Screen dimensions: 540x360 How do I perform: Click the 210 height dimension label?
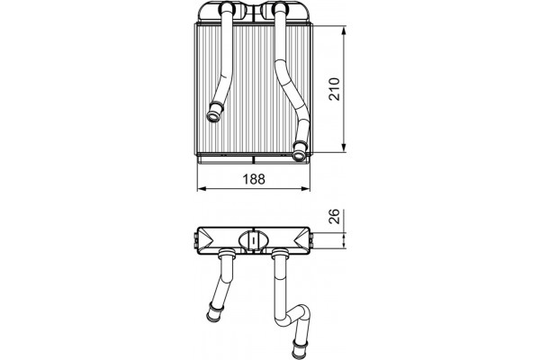(x=334, y=89)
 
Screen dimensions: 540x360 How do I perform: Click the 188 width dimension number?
(x=254, y=179)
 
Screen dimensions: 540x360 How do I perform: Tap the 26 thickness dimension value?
(x=334, y=216)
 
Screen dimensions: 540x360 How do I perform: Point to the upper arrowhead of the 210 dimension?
(x=344, y=31)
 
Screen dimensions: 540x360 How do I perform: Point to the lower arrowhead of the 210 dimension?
(x=344, y=148)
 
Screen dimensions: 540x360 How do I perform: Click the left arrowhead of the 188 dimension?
(x=202, y=188)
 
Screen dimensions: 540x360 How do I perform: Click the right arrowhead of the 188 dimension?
(x=305, y=188)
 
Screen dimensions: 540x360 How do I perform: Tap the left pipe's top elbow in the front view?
(x=227, y=8)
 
